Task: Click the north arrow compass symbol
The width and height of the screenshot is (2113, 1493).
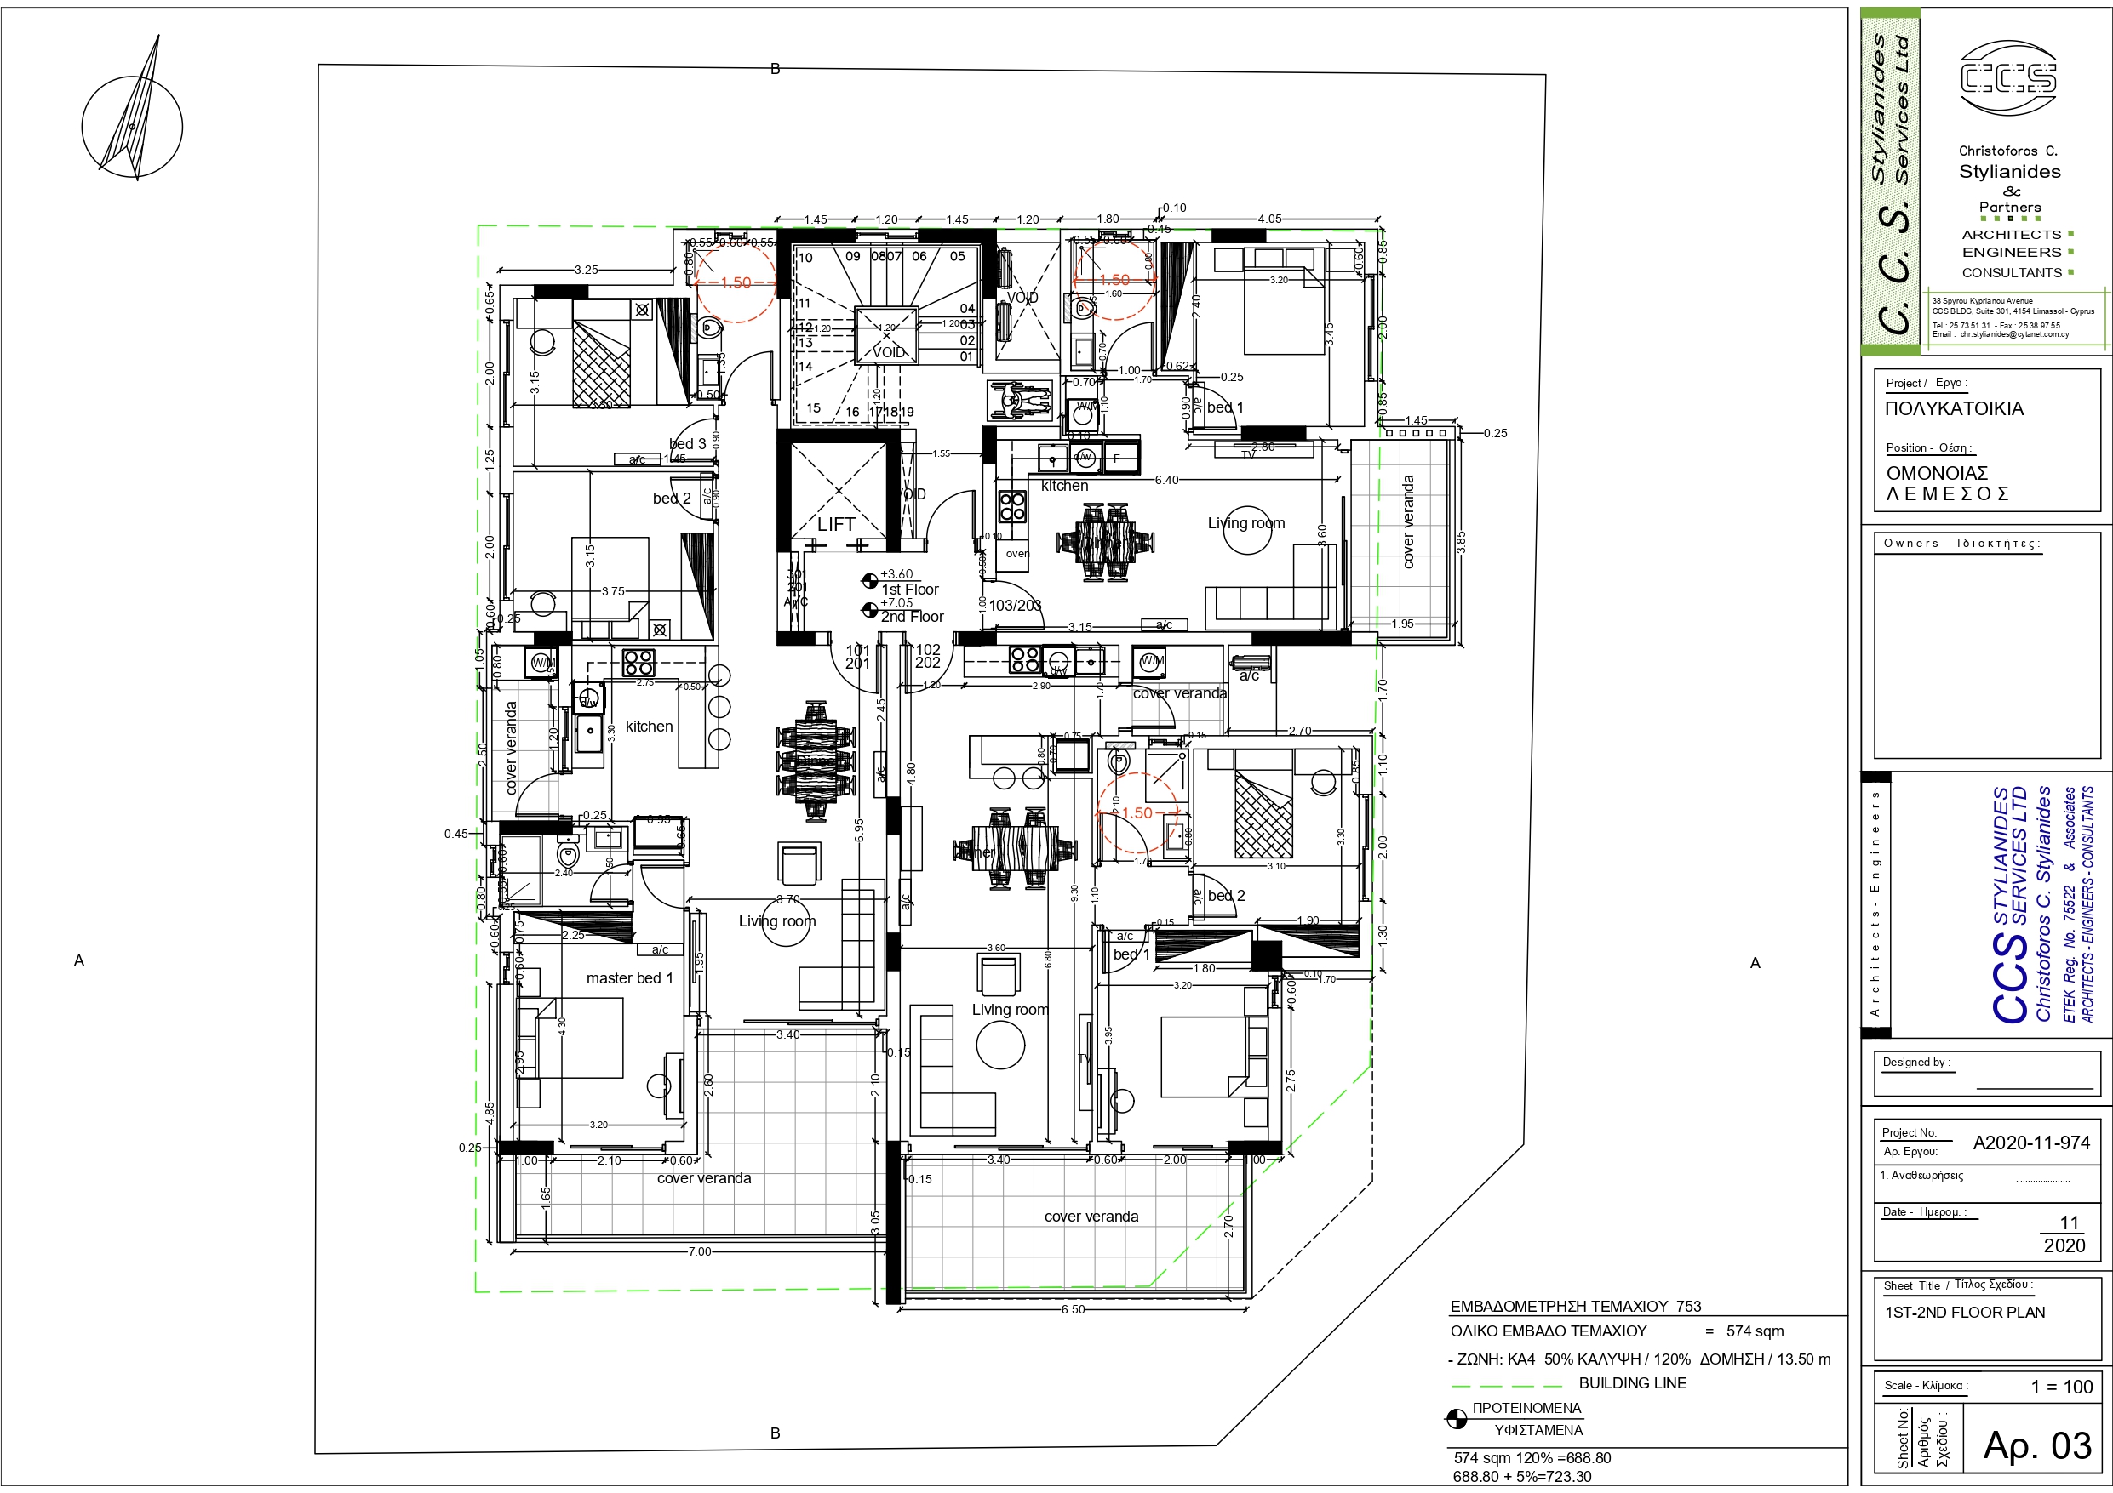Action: click(133, 126)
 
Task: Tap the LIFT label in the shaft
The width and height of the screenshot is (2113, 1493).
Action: click(836, 524)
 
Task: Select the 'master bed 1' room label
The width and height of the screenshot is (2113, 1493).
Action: click(629, 977)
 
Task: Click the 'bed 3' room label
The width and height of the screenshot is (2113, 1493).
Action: click(688, 443)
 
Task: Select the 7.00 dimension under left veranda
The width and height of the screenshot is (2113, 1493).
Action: click(700, 1251)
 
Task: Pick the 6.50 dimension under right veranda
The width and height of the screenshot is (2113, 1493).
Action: click(1072, 1309)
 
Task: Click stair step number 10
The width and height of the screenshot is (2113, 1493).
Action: click(805, 258)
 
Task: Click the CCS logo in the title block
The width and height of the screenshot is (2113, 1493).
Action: click(2008, 77)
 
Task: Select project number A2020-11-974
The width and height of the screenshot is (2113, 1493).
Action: click(2031, 1143)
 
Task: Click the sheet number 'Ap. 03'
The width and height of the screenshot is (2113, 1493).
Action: click(2036, 1445)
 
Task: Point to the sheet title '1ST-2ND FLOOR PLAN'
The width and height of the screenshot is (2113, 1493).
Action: click(1964, 1313)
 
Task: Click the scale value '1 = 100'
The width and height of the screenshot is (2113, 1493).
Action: click(2061, 1387)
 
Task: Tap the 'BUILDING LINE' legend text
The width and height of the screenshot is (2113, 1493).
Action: click(1633, 1382)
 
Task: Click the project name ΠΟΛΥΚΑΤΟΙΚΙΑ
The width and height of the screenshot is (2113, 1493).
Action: click(1954, 408)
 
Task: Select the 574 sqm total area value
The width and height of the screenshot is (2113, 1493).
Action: click(1754, 1331)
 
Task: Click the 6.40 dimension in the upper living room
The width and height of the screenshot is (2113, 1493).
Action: click(1166, 480)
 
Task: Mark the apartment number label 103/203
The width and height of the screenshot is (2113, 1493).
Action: click(1014, 606)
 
